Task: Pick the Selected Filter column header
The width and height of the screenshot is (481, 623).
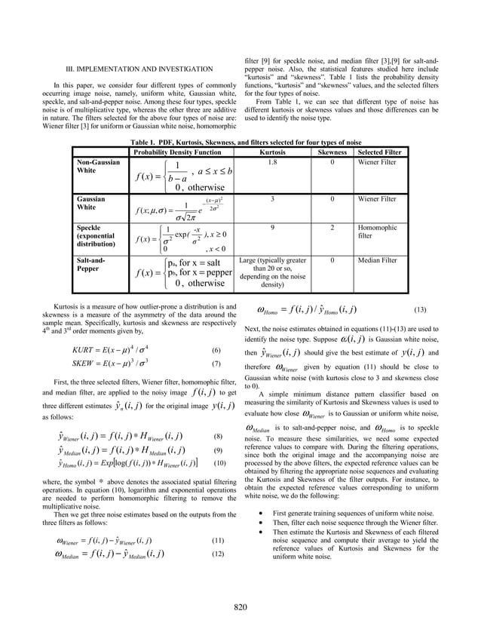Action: pos(380,152)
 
